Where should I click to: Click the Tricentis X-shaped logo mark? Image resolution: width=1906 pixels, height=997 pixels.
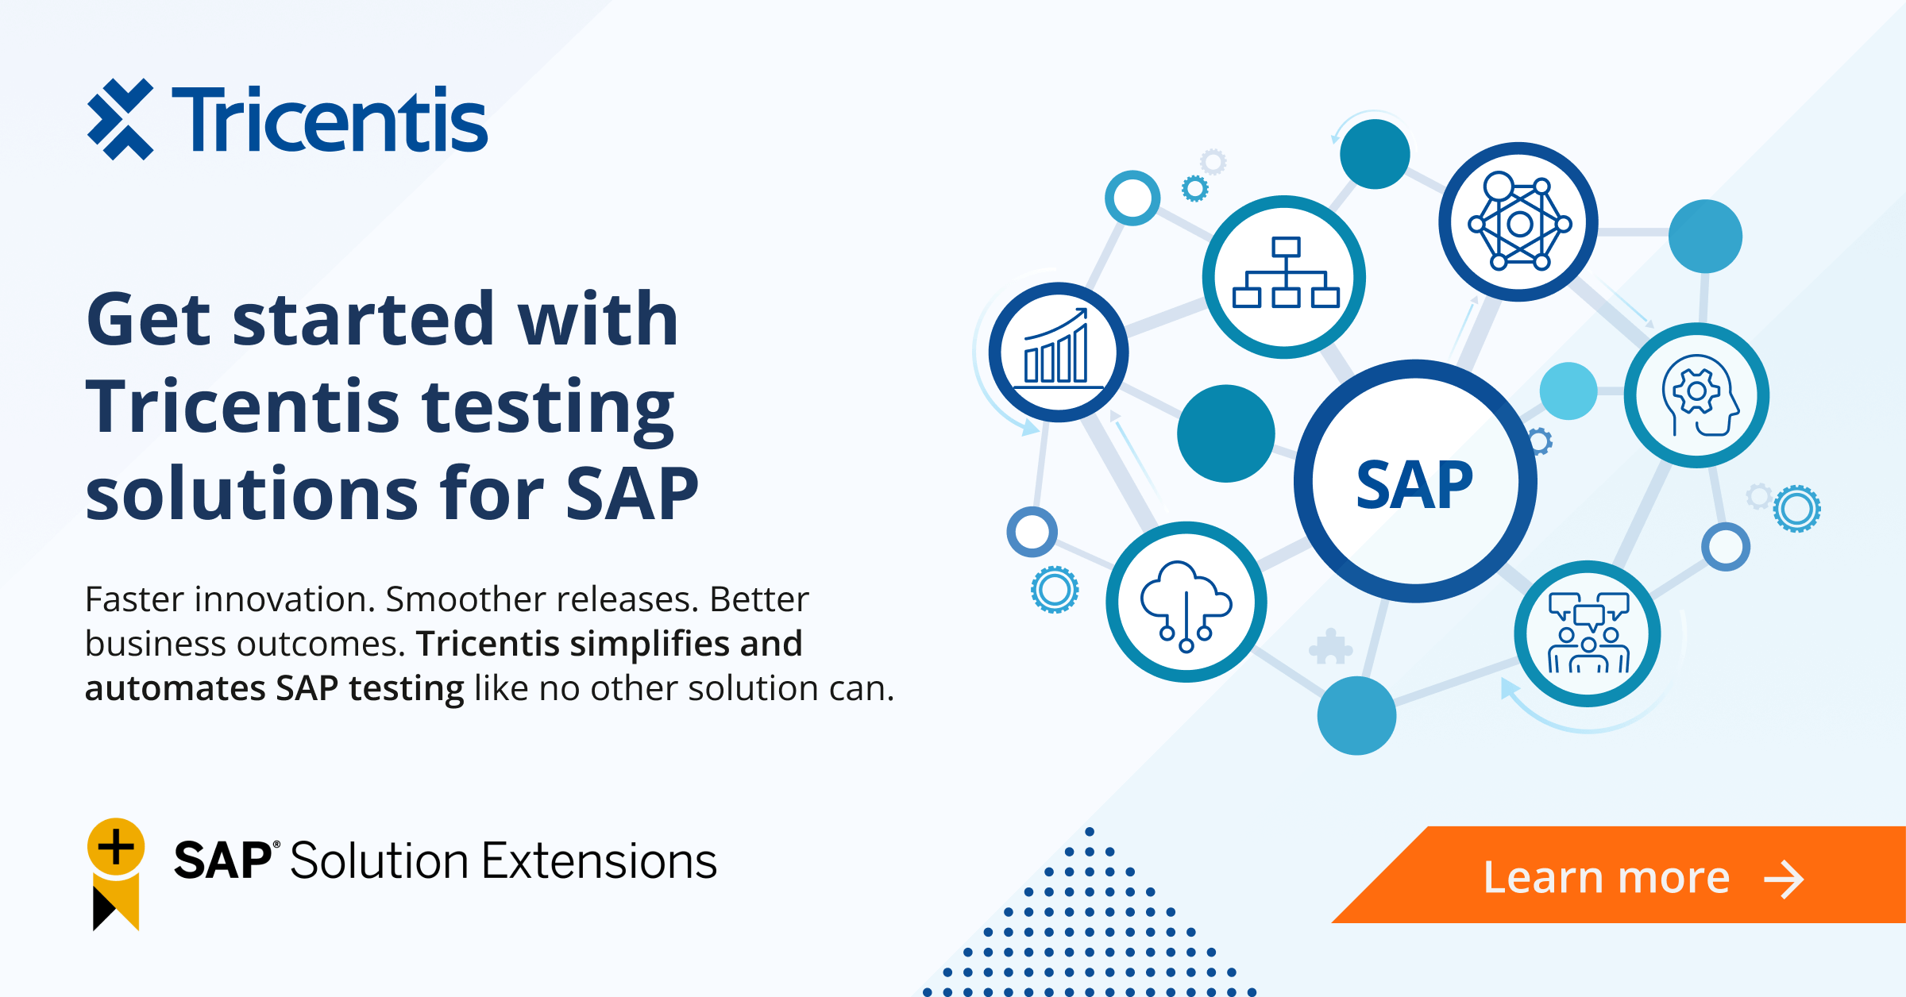pyautogui.click(x=120, y=119)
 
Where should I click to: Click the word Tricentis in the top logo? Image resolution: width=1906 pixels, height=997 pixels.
pyautogui.click(x=330, y=119)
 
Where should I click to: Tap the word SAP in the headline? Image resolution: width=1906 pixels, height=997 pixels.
pyautogui.click(x=632, y=494)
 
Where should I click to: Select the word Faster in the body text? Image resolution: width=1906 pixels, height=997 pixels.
pyautogui.click(x=139, y=599)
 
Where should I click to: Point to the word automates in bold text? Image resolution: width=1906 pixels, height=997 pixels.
pyautogui.click(x=175, y=689)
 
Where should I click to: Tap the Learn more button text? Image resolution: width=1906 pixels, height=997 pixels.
pyautogui.click(x=1607, y=877)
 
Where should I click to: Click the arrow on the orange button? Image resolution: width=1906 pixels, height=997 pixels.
pyautogui.click(x=1784, y=880)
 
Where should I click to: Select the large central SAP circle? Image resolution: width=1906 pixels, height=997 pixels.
pyautogui.click(x=1415, y=481)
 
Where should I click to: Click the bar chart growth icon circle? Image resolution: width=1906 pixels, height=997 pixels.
pyautogui.click(x=1059, y=352)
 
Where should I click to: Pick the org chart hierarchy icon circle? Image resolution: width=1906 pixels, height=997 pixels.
pyautogui.click(x=1284, y=277)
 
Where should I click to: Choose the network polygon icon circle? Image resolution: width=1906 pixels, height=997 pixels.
pyautogui.click(x=1518, y=221)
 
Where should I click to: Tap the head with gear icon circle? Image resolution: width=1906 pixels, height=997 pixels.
pyautogui.click(x=1696, y=395)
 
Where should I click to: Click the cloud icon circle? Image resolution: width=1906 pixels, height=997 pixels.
pyautogui.click(x=1186, y=602)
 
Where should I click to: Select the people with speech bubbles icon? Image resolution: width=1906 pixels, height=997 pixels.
pyautogui.click(x=1588, y=633)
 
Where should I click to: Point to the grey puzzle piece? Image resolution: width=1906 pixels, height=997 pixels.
pyautogui.click(x=1330, y=647)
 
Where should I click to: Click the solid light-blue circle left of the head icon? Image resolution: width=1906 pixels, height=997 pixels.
pyautogui.click(x=1568, y=391)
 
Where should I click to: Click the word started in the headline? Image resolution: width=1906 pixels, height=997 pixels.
pyautogui.click(x=364, y=319)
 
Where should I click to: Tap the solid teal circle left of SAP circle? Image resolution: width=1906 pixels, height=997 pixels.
pyautogui.click(x=1226, y=433)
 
